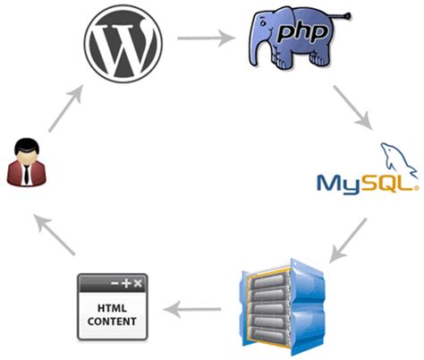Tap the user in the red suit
tap(24, 162)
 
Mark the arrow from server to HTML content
tap(197, 310)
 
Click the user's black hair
tap(24, 143)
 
